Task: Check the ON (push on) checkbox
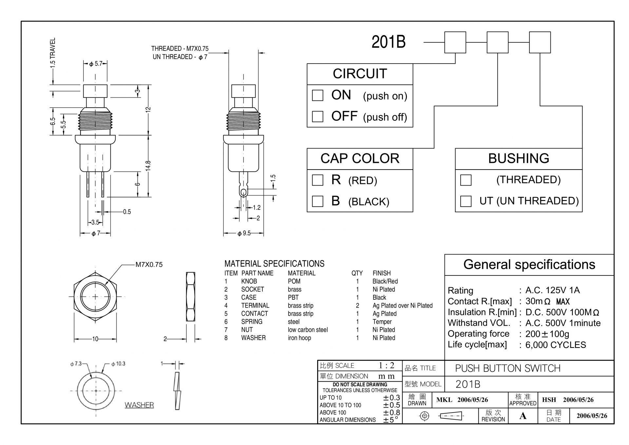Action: pyautogui.click(x=317, y=95)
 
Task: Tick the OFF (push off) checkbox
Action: pyautogui.click(x=317, y=116)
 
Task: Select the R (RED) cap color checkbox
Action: pyautogui.click(x=317, y=180)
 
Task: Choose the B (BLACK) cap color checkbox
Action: pyautogui.click(x=317, y=201)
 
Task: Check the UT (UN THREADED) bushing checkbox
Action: pyautogui.click(x=466, y=201)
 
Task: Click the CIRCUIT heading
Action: pyautogui.click(x=360, y=74)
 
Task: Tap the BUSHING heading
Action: pyautogui.click(x=519, y=158)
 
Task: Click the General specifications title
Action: pyautogui.click(x=529, y=264)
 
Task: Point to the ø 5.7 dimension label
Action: pyautogui.click(x=96, y=64)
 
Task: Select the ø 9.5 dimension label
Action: pyautogui.click(x=244, y=233)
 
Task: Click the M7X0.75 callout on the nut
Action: pyautogui.click(x=149, y=265)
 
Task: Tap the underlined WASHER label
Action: pyautogui.click(x=139, y=405)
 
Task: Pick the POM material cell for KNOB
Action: pyautogui.click(x=294, y=281)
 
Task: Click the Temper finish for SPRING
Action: pyautogui.click(x=382, y=322)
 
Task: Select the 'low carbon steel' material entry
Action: pyautogui.click(x=308, y=330)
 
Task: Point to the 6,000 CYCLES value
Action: pyautogui.click(x=556, y=345)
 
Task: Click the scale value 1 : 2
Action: pyautogui.click(x=387, y=365)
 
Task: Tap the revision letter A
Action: pyautogui.click(x=523, y=416)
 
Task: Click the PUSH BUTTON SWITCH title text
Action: pyautogui.click(x=508, y=368)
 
